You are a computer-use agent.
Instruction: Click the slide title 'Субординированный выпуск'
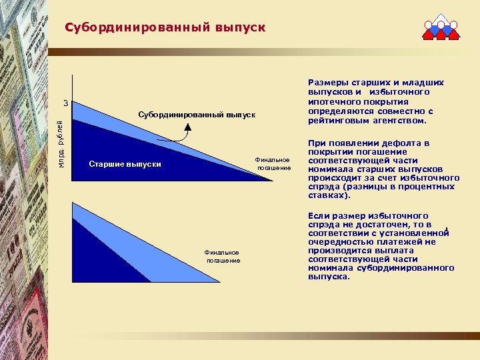(165, 27)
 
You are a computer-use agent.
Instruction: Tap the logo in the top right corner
(441, 27)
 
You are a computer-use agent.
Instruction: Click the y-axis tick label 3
(65, 103)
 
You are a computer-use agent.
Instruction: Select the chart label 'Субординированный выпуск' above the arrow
(197, 115)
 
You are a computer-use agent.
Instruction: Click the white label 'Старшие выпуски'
(125, 164)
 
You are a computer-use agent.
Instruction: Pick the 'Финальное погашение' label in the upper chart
(274, 163)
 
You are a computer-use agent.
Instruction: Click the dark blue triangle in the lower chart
(100, 257)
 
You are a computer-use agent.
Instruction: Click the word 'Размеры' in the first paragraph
(327, 83)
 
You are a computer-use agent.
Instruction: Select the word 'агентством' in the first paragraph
(402, 121)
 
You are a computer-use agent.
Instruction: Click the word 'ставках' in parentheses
(327, 197)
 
